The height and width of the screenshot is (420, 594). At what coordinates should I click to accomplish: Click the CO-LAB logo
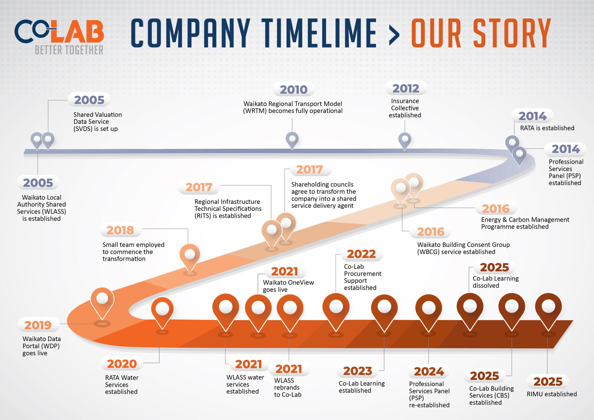(59, 32)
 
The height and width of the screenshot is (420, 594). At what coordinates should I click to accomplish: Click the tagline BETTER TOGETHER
(69, 50)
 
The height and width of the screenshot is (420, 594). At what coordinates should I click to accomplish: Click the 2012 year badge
(406, 88)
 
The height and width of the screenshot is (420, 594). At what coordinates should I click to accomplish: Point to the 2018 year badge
(120, 230)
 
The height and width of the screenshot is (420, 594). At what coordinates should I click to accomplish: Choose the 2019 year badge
(38, 325)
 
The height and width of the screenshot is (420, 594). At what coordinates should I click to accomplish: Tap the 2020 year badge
(122, 364)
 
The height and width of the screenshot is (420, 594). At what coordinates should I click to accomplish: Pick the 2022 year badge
(361, 254)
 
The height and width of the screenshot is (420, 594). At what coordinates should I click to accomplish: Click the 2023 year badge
(358, 371)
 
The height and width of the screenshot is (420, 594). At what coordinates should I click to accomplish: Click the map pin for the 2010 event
(292, 139)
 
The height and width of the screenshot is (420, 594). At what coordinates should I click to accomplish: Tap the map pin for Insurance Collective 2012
(405, 140)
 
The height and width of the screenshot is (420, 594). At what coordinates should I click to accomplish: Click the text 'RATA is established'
(547, 128)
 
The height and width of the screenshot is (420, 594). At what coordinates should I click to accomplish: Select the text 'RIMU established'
(552, 394)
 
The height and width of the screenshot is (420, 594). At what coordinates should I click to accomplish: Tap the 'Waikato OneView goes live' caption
(288, 286)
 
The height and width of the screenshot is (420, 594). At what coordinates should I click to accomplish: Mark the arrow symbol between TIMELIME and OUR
(394, 34)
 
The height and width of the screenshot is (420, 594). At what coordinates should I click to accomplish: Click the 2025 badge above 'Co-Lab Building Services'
(484, 376)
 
